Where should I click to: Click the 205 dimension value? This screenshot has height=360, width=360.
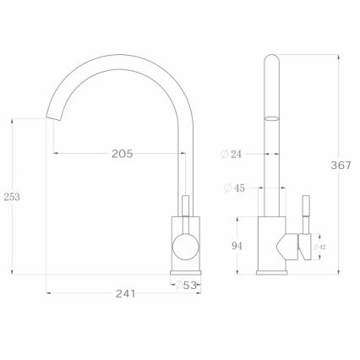coord(123,154)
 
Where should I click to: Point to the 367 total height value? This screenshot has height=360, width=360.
coord(341,166)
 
